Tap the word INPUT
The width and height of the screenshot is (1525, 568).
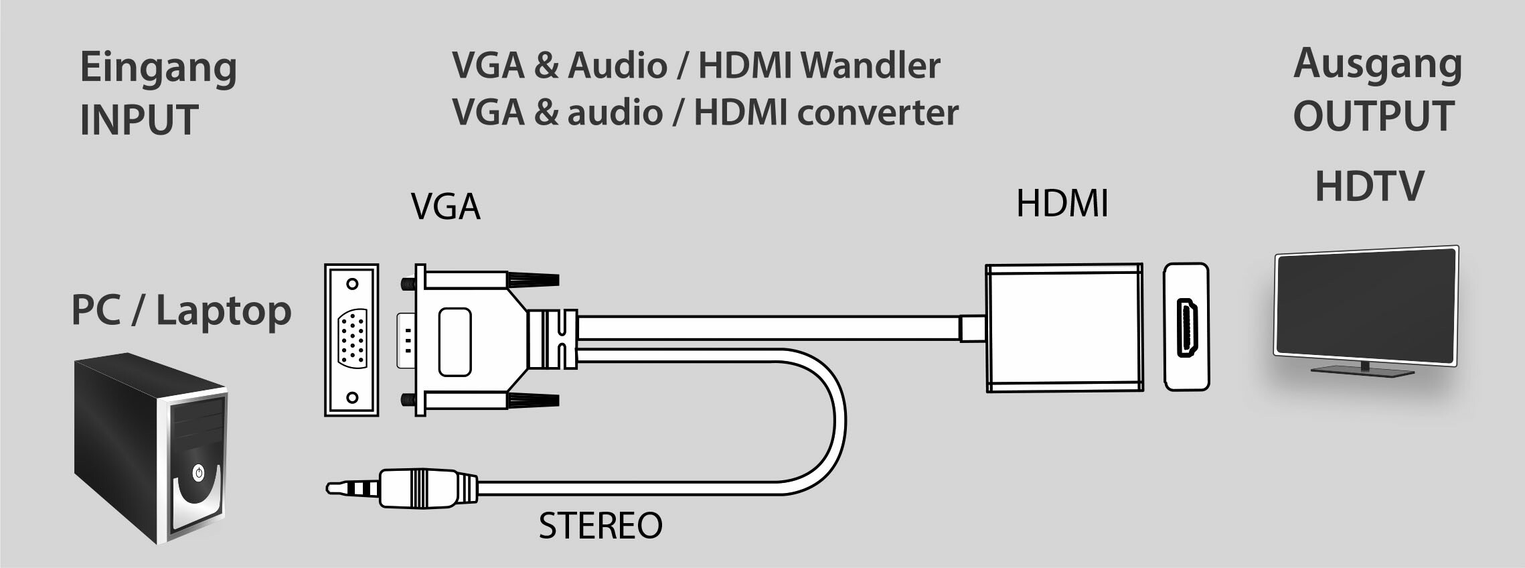tap(139, 120)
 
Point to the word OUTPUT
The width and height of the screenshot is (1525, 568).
tap(1373, 117)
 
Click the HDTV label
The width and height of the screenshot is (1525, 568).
tap(1369, 186)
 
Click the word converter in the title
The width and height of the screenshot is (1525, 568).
tap(878, 113)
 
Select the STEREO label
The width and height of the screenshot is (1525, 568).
tap(600, 526)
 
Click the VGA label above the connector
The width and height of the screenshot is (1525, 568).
tap(445, 206)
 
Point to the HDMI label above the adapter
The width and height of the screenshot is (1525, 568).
tap(1062, 203)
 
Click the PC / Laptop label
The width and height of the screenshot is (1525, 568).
tap(181, 311)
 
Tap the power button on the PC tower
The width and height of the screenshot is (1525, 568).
tap(198, 473)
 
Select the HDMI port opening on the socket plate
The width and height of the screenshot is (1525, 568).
tap(1188, 328)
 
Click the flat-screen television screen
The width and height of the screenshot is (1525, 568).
tap(1366, 305)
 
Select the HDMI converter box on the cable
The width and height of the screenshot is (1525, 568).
tap(1064, 328)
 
